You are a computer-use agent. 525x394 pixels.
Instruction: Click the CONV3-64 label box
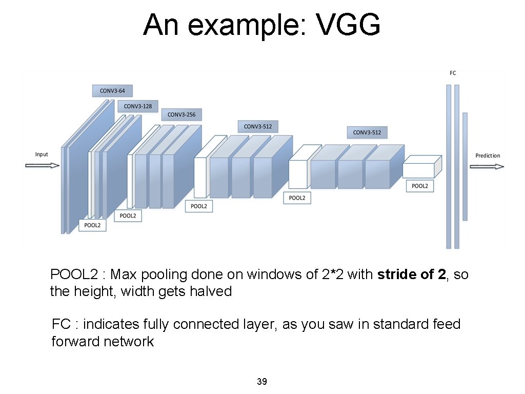tap(112, 91)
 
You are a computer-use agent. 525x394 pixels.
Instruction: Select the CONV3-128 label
tap(138, 106)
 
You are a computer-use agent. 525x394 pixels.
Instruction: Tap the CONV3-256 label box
tap(181, 114)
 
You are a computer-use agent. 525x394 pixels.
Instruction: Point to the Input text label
tap(42, 154)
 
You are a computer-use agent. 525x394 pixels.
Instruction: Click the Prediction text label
tap(488, 155)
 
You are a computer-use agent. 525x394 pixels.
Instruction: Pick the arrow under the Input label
tap(43, 166)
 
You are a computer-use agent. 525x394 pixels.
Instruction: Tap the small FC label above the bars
tap(453, 73)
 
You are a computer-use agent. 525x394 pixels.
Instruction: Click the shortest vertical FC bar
tap(465, 167)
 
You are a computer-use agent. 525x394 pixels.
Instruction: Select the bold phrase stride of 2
tap(412, 274)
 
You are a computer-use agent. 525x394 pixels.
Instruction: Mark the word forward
tap(75, 342)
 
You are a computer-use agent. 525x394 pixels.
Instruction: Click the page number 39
tap(262, 382)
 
